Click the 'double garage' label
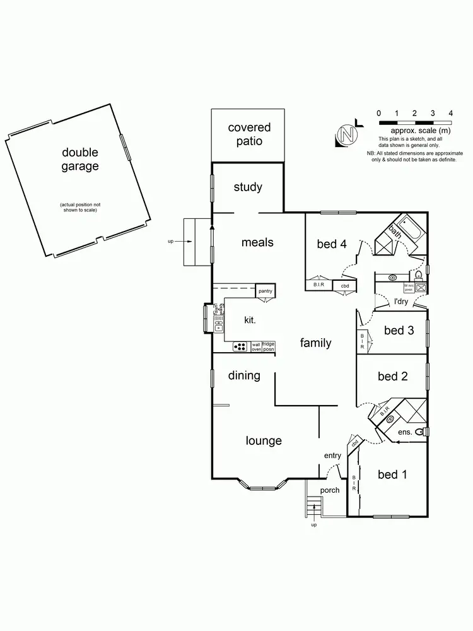(80, 160)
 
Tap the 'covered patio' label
(249, 134)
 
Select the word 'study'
(248, 187)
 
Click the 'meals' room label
(257, 242)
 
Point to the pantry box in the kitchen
(266, 291)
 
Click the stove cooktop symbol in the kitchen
(241, 346)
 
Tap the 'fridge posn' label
(269, 346)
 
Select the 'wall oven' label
(256, 346)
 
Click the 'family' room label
(315, 343)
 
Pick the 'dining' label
(244, 375)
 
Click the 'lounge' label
(264, 440)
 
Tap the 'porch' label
(330, 490)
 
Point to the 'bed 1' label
(392, 475)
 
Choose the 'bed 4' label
(331, 244)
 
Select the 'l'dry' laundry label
(401, 302)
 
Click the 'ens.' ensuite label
(405, 432)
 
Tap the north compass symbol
(346, 135)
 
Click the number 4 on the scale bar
(450, 113)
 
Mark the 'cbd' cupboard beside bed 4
(345, 286)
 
